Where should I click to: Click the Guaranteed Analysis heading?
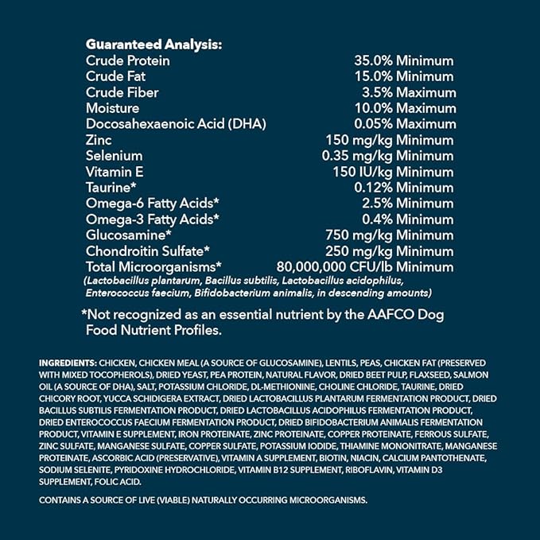153,45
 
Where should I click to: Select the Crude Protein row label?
128,60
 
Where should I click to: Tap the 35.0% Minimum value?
403,60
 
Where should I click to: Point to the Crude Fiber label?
122,92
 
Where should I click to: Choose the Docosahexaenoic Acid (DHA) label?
176,123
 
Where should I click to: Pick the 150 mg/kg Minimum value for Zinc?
394,140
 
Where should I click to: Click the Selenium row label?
114,156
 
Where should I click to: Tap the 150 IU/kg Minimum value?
394,172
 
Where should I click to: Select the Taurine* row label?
112,188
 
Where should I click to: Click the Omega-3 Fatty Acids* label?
152,219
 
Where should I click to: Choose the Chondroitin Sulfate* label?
147,251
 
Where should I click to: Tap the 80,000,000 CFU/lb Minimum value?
364,266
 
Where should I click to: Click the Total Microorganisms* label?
153,266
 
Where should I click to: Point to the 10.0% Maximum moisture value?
405,108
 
